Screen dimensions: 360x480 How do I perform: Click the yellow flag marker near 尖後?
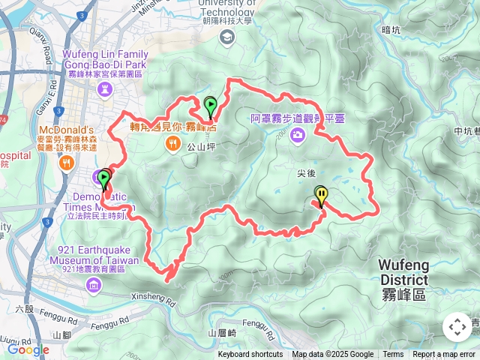point(321,196)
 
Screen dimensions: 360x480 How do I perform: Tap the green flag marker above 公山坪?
point(211,106)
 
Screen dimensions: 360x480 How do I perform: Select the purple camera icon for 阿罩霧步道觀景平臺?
point(298,135)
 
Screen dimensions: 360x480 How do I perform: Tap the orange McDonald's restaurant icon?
point(67,162)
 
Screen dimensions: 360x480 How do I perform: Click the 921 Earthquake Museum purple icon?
point(93,283)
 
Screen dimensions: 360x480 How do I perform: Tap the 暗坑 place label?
point(391,30)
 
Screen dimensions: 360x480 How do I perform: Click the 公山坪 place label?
point(201,148)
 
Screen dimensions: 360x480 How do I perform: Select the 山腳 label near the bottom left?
point(61,334)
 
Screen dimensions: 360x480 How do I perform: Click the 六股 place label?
point(24,308)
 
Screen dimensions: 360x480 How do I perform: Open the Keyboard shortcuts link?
point(250,355)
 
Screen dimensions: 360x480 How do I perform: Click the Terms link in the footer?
point(393,355)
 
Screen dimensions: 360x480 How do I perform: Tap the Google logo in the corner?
point(28,349)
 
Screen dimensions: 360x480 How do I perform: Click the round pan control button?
point(457,327)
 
